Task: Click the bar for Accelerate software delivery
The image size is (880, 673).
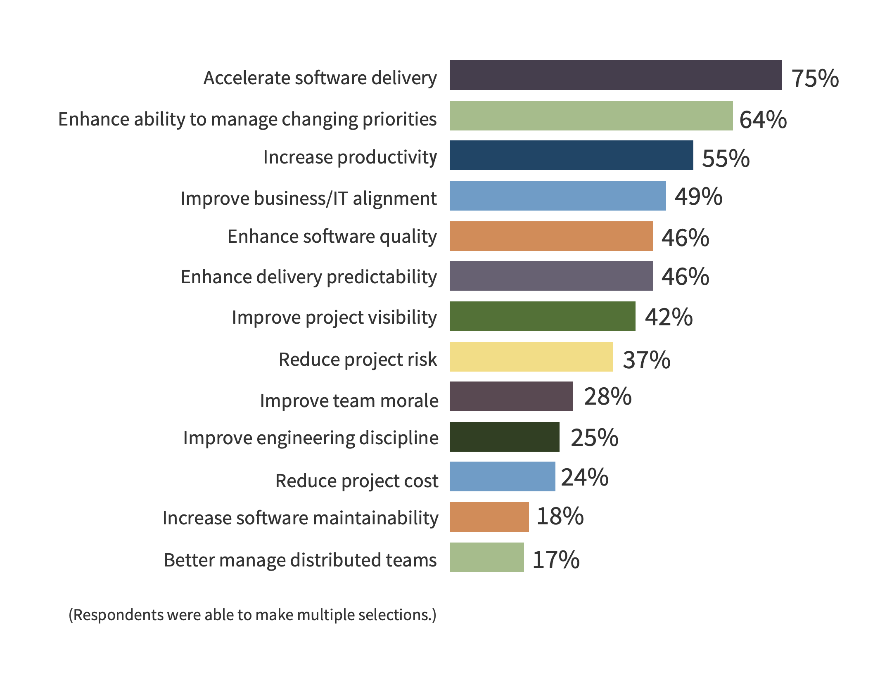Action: [x=615, y=75]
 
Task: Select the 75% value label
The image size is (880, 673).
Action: [x=815, y=78]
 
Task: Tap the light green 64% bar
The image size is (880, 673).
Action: [x=591, y=116]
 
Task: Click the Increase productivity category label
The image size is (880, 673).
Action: [x=350, y=157]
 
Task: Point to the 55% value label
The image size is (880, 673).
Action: [x=726, y=158]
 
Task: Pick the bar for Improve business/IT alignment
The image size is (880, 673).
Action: [x=557, y=196]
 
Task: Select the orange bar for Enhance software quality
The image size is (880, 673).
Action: [x=551, y=236]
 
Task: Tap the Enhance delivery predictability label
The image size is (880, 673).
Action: [x=308, y=277]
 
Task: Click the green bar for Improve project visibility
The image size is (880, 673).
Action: [x=542, y=316]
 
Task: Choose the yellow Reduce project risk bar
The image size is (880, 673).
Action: [x=531, y=357]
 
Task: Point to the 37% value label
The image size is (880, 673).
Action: [x=646, y=360]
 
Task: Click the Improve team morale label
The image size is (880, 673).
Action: [x=349, y=401]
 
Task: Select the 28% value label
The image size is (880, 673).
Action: [x=607, y=396]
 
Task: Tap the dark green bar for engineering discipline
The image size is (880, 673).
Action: [x=504, y=437]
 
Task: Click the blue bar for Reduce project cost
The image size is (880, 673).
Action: [x=502, y=476]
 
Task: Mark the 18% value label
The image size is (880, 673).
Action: [x=560, y=516]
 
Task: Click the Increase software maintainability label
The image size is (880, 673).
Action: [x=300, y=518]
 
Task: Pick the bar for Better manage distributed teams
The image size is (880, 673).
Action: [x=486, y=557]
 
